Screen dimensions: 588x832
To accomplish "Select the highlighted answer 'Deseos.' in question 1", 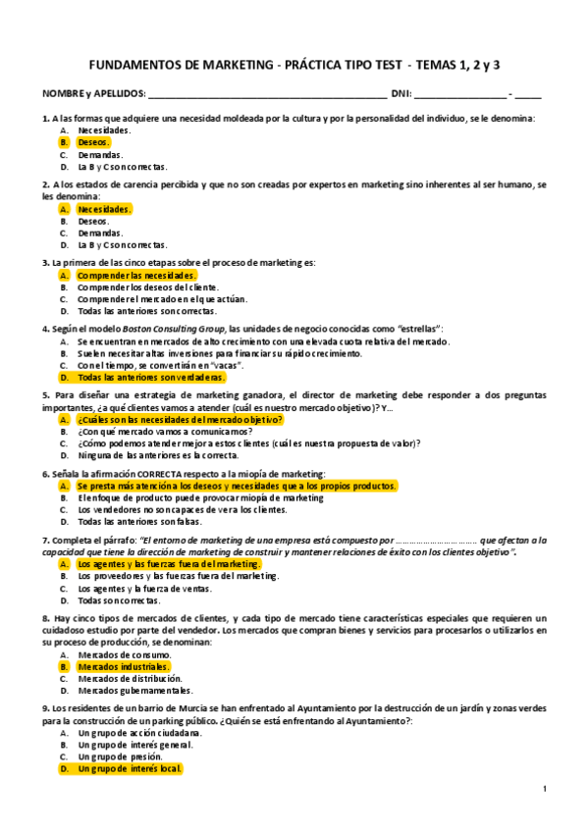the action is point(94,142).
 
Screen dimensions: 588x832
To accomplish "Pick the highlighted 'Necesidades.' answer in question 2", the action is point(104,209).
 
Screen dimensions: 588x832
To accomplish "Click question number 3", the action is point(45,263).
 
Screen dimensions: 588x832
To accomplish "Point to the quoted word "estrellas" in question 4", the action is point(418,328).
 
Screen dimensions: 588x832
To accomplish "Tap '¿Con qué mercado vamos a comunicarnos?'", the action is point(164,431).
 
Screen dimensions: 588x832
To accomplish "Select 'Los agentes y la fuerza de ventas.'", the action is point(146,589).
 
